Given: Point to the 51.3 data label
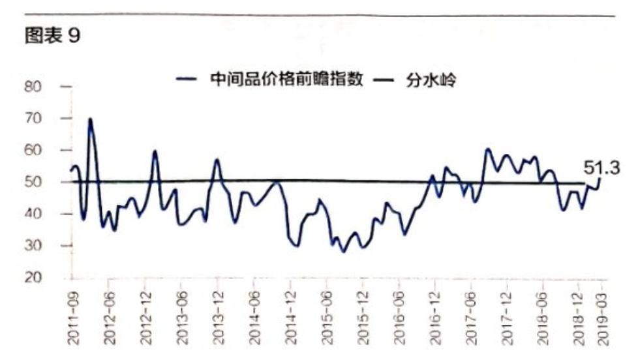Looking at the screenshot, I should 601,168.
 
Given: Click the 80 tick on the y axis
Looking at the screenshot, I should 33,87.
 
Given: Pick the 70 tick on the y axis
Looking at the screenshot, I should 33,119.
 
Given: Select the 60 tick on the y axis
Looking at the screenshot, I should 33,150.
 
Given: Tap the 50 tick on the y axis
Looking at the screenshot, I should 33,182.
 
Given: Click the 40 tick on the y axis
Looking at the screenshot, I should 33,214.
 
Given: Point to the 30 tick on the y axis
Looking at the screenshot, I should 33,246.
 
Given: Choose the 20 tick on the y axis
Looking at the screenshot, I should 33,278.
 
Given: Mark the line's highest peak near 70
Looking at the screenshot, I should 90,119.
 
